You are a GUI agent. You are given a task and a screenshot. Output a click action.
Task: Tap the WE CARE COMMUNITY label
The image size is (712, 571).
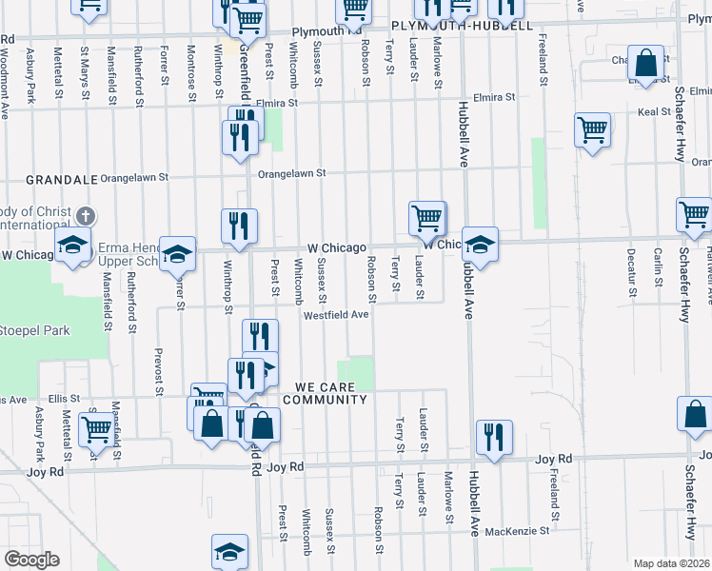tap(330, 394)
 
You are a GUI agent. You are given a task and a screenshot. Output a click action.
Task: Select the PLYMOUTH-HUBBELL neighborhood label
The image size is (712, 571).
tap(462, 26)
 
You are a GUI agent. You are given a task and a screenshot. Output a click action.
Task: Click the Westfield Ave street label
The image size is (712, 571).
tap(336, 315)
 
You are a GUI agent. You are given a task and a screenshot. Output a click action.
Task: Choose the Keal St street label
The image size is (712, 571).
tap(654, 111)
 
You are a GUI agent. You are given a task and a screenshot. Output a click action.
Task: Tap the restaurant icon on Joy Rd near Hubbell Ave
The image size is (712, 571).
tap(493, 437)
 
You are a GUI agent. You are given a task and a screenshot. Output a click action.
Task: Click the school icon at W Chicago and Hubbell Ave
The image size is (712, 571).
tap(480, 243)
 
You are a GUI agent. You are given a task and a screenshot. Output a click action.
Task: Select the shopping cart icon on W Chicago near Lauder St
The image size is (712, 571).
tap(427, 218)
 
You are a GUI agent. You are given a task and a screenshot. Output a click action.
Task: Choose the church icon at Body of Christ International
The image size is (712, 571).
tap(86, 218)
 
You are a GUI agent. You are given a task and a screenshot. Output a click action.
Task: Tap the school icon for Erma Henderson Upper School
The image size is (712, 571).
tap(177, 253)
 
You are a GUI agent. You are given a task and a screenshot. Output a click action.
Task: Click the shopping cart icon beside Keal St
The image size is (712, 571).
tap(592, 128)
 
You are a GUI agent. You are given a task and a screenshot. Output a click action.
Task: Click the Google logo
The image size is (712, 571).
tap(32, 560)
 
